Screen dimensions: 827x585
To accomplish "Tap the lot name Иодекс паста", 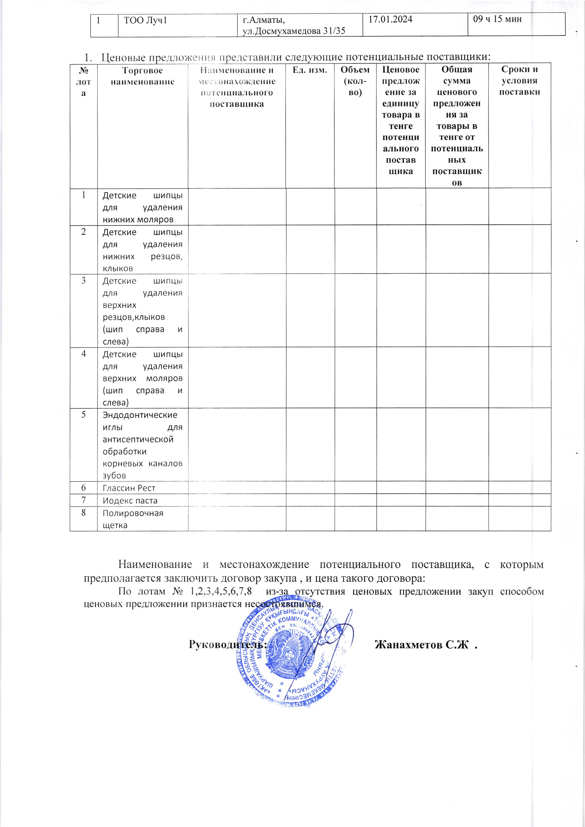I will click(x=130, y=500).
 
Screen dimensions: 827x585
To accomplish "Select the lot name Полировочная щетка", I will click(x=133, y=519).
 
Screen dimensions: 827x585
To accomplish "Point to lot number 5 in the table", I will click(x=84, y=415).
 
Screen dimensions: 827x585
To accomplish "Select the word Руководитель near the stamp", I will click(x=228, y=644).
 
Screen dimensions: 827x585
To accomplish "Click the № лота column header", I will click(x=84, y=82).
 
